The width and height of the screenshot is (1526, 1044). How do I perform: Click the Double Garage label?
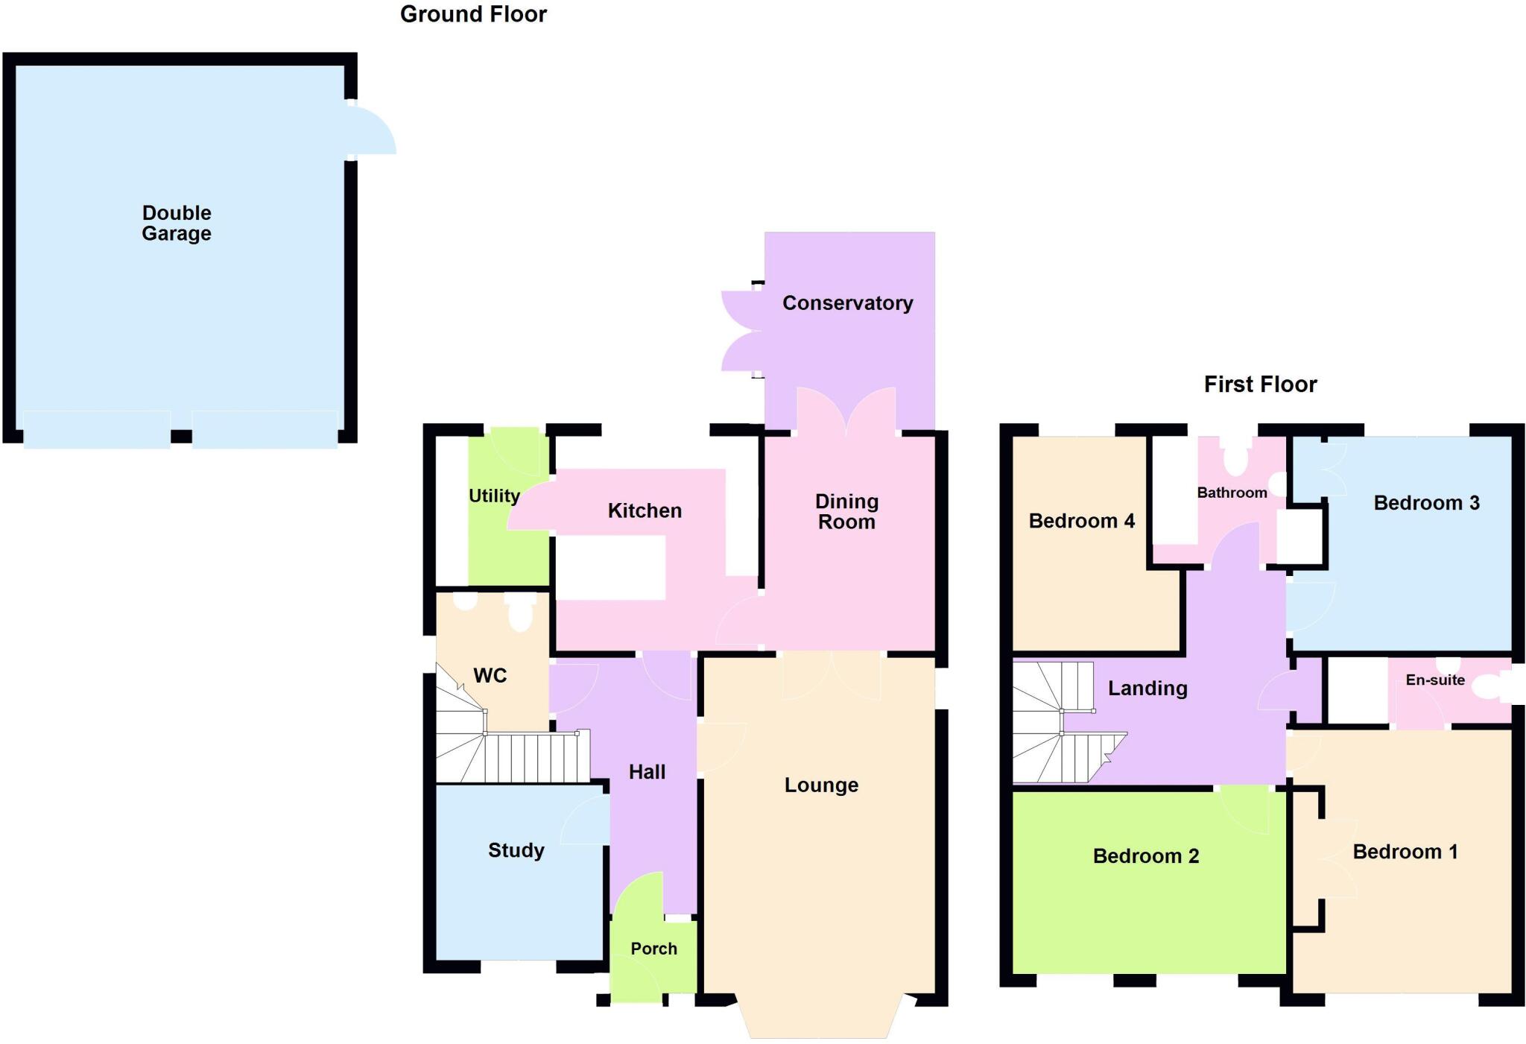click(177, 223)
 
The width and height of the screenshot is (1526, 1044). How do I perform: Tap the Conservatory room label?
click(847, 303)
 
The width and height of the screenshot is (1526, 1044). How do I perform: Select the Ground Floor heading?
click(473, 14)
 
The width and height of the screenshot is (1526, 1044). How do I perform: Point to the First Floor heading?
click(1260, 385)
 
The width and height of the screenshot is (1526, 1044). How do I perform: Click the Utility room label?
click(493, 496)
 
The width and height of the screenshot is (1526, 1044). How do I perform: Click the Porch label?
click(653, 949)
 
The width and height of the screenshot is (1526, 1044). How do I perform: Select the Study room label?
click(516, 850)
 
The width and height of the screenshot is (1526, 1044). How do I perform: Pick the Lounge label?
click(821, 785)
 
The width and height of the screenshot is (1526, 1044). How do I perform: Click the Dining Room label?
click(846, 511)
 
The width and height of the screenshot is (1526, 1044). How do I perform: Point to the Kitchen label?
click(645, 510)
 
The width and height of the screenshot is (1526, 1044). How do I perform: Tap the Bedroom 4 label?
click(1081, 521)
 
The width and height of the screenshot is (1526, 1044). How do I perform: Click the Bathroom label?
click(1232, 493)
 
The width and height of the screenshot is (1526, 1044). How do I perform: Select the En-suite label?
click(1435, 680)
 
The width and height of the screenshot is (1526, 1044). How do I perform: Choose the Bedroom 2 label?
click(1146, 856)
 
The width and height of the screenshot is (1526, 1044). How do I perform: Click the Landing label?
click(1147, 688)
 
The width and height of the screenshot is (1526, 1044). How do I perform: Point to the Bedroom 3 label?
click(1426, 503)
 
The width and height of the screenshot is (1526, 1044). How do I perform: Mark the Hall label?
click(647, 772)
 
